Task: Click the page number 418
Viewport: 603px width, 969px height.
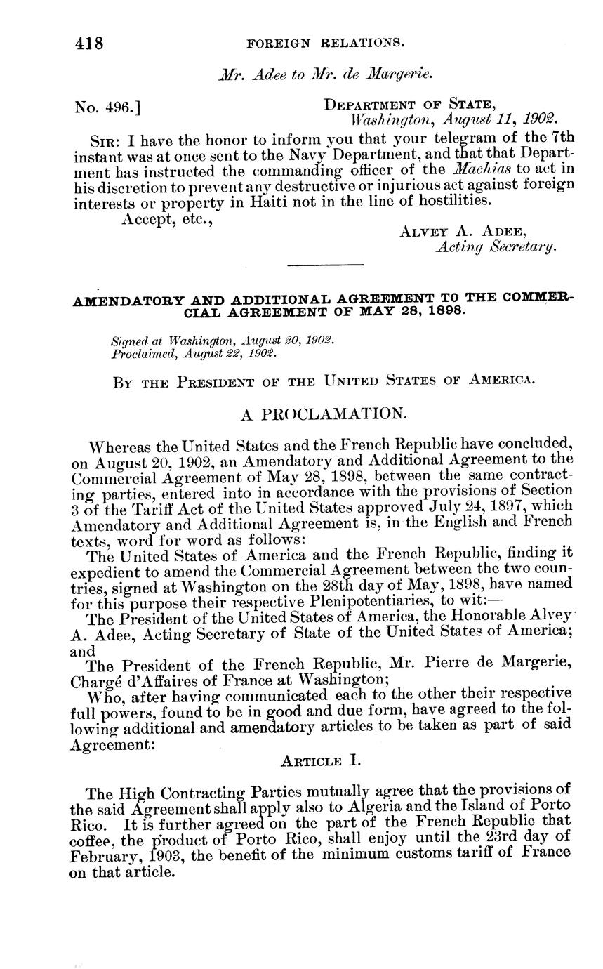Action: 89,44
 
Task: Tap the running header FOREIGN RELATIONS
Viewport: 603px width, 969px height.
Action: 326,43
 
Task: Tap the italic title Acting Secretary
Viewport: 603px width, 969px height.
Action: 496,247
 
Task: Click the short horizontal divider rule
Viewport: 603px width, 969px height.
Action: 326,265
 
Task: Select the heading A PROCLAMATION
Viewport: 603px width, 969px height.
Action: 324,414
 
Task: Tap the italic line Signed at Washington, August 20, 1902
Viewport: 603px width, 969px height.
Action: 222,341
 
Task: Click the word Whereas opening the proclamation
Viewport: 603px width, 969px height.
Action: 119,446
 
